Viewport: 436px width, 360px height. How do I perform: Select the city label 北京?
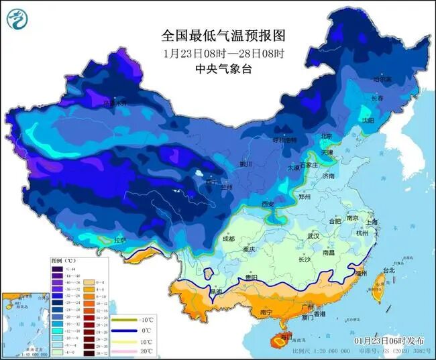click(x=327, y=136)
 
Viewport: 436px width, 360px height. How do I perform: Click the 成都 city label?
click(x=227, y=239)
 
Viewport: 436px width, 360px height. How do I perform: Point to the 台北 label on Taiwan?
click(x=388, y=270)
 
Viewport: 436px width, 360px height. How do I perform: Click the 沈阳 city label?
click(x=386, y=121)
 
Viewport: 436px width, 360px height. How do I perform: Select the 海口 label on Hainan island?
click(x=286, y=335)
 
